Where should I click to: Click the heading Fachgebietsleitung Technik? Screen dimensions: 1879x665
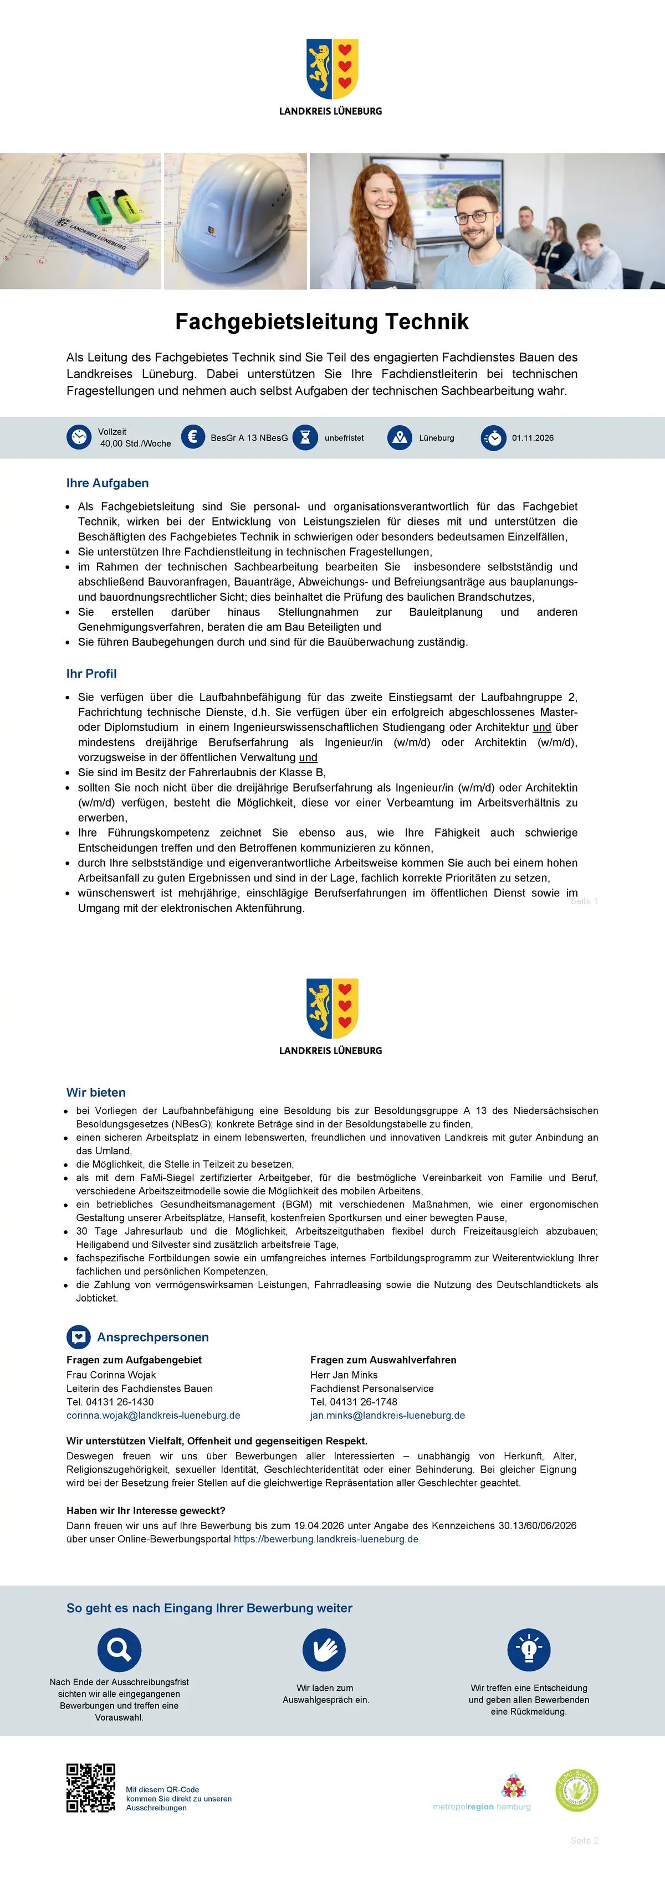(x=322, y=322)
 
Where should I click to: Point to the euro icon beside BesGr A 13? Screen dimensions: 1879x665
(x=193, y=437)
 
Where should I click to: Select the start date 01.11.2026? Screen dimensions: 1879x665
(x=532, y=438)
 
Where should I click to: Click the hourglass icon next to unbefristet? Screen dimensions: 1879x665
(x=305, y=437)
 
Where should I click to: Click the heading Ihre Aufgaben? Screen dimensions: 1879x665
(x=108, y=483)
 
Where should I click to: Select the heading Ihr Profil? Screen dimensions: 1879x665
(x=91, y=673)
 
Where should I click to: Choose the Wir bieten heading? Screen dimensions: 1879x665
(x=96, y=1092)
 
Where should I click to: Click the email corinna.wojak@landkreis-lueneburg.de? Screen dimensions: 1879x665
(x=154, y=1415)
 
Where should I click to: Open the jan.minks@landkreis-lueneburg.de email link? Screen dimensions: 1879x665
(x=387, y=1415)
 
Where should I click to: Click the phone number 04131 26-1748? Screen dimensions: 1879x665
(x=354, y=1402)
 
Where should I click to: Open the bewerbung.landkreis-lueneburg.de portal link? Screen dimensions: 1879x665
(x=325, y=1539)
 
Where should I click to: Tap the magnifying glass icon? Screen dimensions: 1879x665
(x=119, y=1650)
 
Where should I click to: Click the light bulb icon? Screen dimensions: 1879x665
(x=529, y=1650)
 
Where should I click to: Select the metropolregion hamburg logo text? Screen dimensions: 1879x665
(x=482, y=1807)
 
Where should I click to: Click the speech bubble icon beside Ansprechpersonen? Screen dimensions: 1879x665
(x=79, y=1337)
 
